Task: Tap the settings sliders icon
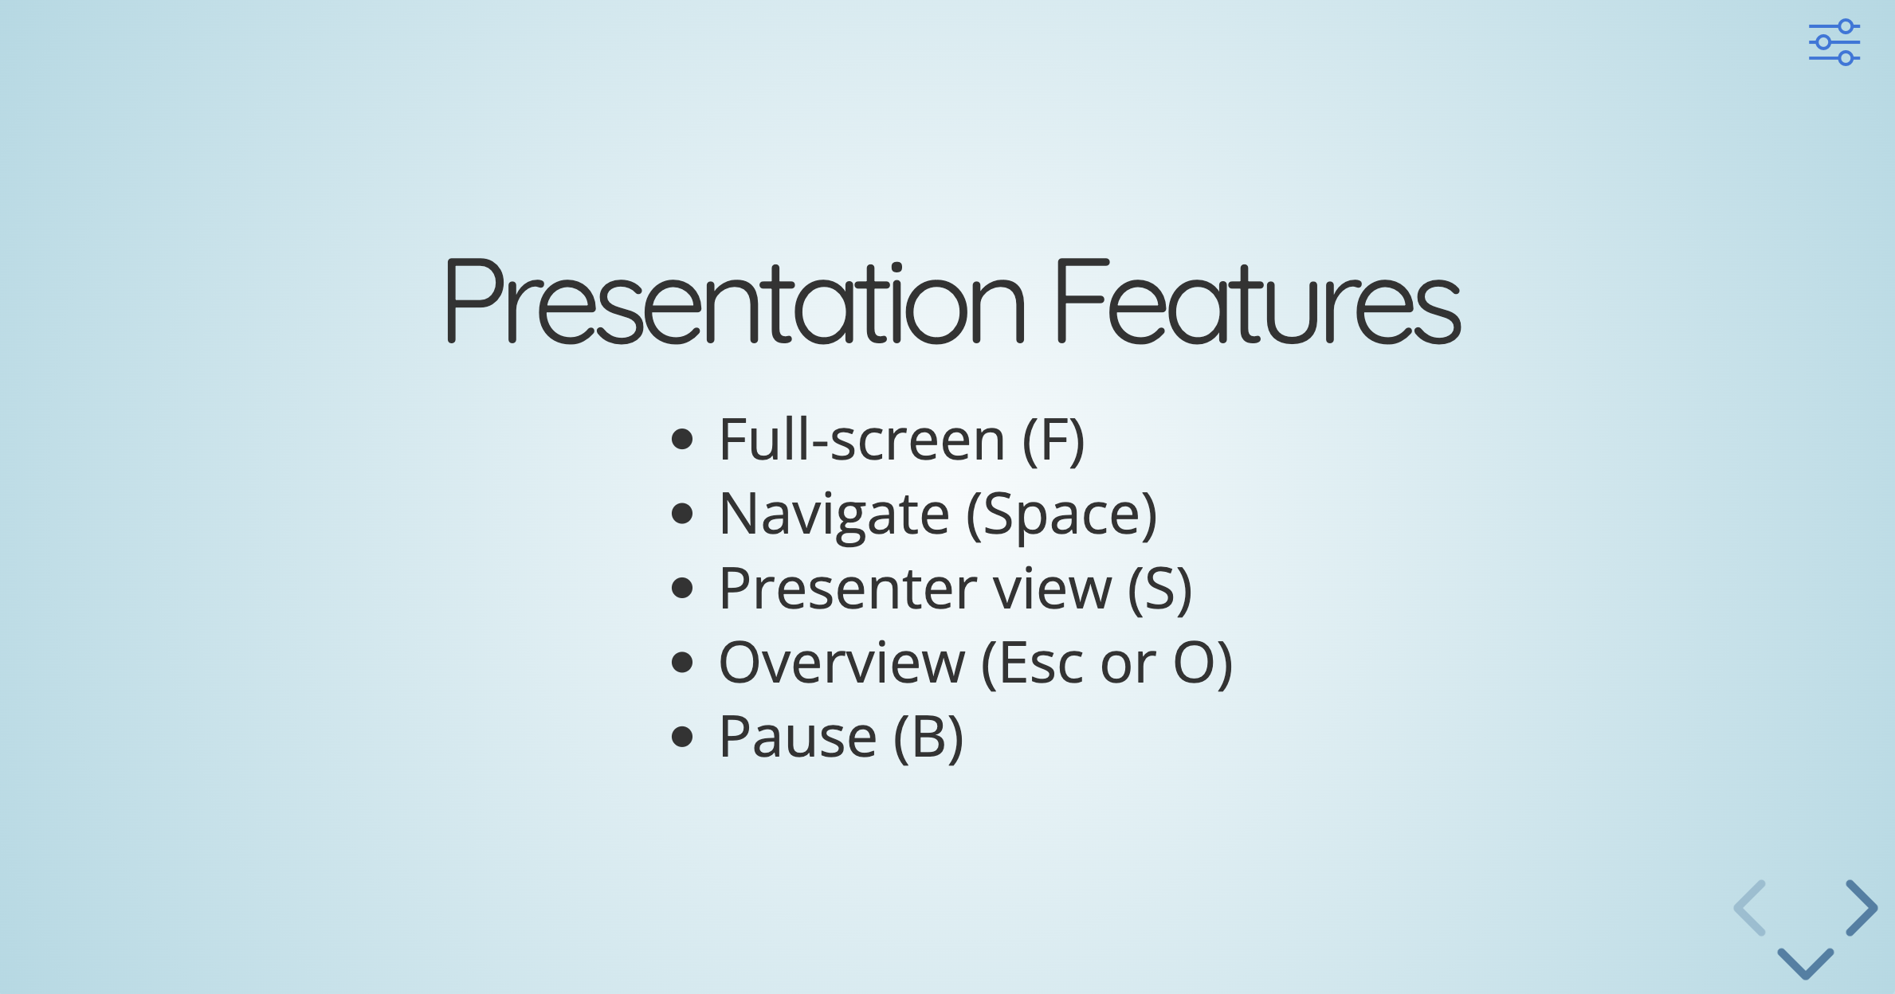pyautogui.click(x=1834, y=42)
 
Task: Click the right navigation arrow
pyautogui.click(x=1862, y=908)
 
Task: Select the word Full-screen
pyautogui.click(x=861, y=440)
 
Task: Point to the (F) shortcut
pyautogui.click(x=1053, y=440)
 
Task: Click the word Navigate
pyautogui.click(x=834, y=515)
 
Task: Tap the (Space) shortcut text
pyautogui.click(x=1061, y=515)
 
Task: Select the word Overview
pyautogui.click(x=842, y=663)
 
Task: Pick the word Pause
pyautogui.click(x=797, y=737)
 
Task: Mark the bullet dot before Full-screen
pyautogui.click(x=682, y=440)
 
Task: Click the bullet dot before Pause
pyautogui.click(x=682, y=737)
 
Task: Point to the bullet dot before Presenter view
pyautogui.click(x=682, y=589)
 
